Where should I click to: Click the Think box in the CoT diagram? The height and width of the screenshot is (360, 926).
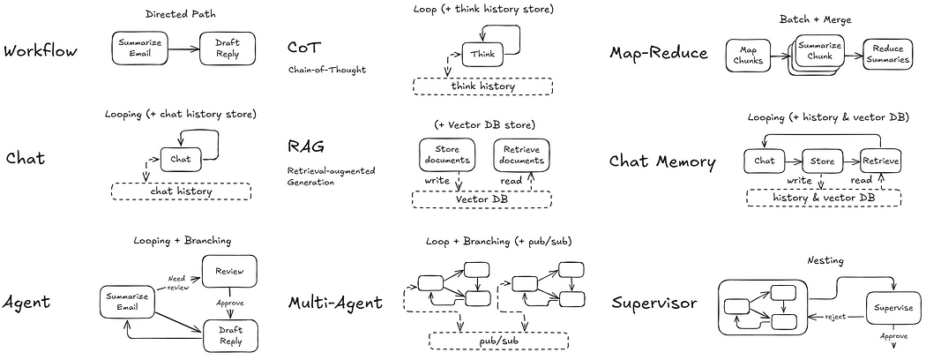482,53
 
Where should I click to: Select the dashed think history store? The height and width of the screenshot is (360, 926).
482,86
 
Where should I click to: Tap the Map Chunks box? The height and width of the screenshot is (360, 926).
747,56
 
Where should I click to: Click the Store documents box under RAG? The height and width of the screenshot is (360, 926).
447,154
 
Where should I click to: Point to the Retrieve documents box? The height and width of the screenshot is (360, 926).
520,154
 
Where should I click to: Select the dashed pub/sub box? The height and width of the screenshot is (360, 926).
499,339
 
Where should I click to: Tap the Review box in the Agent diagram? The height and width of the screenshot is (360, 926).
228,272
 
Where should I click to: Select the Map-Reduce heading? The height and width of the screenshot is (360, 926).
659,52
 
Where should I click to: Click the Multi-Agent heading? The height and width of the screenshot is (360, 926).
335,303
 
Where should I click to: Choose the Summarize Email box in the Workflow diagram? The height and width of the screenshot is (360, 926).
139,49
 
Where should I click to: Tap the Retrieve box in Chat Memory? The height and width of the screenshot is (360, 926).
880,161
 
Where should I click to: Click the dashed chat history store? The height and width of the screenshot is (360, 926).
181,191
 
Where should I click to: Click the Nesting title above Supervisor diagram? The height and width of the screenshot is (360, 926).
826,261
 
